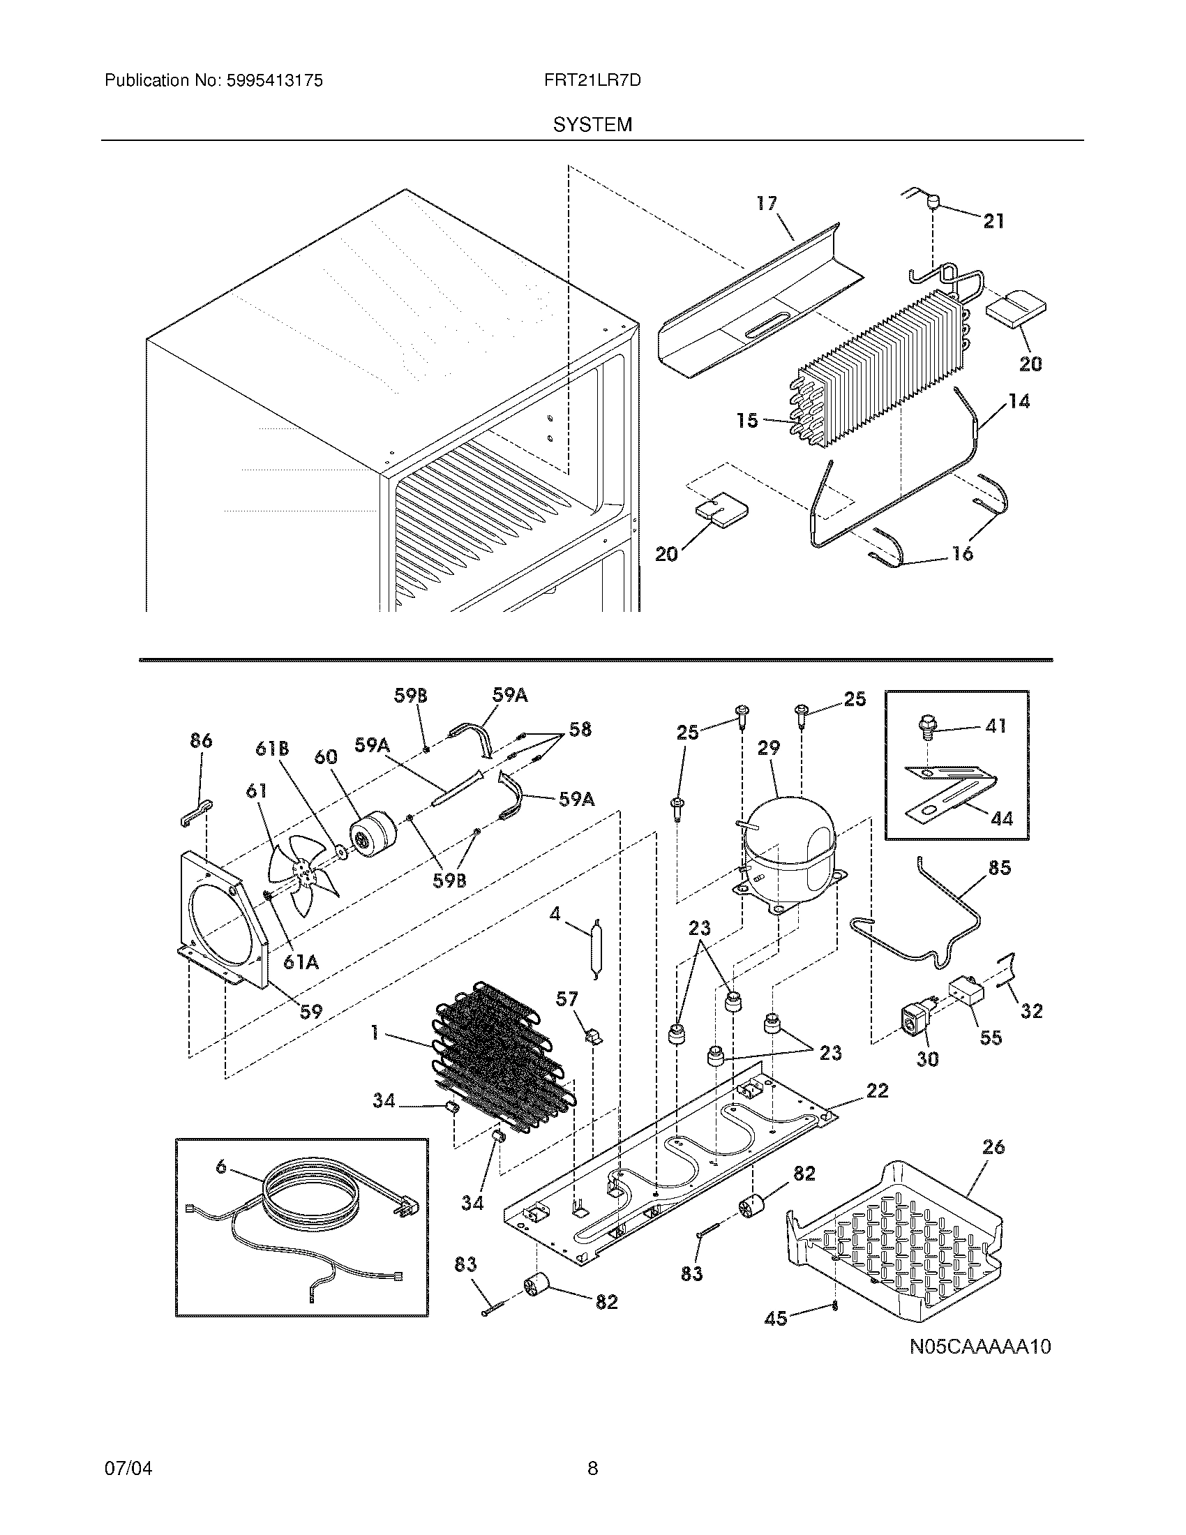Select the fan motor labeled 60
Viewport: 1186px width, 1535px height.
point(373,836)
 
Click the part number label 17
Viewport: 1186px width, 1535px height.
point(767,203)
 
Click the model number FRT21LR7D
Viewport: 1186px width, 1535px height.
point(592,81)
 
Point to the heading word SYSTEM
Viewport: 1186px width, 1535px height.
point(592,125)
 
